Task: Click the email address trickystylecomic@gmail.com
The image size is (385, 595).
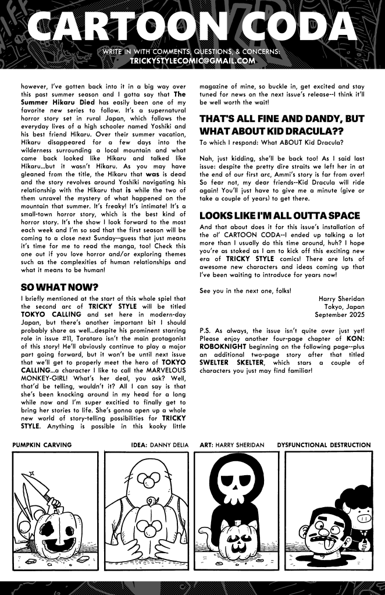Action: [192, 60]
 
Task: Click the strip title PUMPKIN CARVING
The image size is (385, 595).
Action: [42, 445]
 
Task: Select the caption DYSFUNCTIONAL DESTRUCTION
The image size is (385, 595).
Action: [324, 445]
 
